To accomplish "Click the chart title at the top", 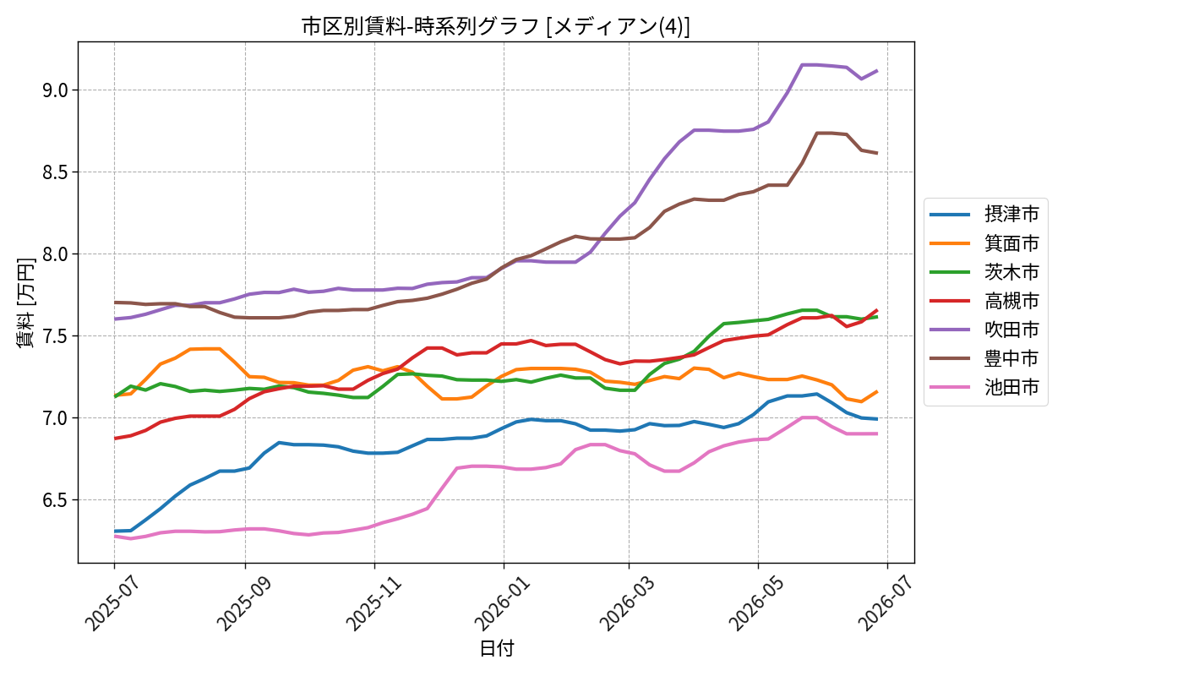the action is pyautogui.click(x=495, y=26).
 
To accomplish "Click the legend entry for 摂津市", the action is pyautogui.click(x=984, y=214).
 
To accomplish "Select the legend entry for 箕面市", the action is pyautogui.click(x=984, y=243).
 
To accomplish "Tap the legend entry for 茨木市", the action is pyautogui.click(x=984, y=272).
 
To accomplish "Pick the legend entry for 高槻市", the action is pyautogui.click(x=984, y=301).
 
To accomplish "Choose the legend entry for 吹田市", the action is pyautogui.click(x=984, y=330).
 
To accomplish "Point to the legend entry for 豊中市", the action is pyautogui.click(x=984, y=358).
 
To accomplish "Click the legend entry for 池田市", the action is pyautogui.click(x=984, y=387).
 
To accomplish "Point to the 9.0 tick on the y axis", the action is pyautogui.click(x=56, y=90).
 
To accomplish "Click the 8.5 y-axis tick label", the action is pyautogui.click(x=56, y=172).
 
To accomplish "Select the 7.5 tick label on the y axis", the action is pyautogui.click(x=56, y=336).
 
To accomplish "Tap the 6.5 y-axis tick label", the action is pyautogui.click(x=56, y=500).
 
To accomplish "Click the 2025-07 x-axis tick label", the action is pyautogui.click(x=112, y=602).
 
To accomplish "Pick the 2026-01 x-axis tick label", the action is pyautogui.click(x=503, y=602).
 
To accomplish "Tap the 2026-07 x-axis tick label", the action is pyautogui.click(x=886, y=602).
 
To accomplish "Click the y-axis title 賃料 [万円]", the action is pyautogui.click(x=25, y=303).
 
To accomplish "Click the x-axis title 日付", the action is pyautogui.click(x=497, y=649).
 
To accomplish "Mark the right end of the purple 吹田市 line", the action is pyautogui.click(x=877, y=70).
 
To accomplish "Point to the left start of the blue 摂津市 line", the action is pyautogui.click(x=115, y=532).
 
